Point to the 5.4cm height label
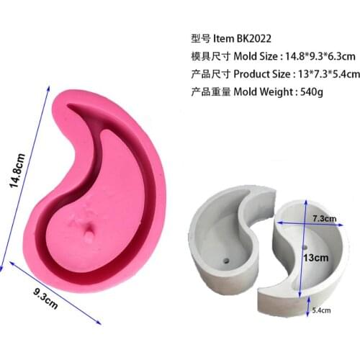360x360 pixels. click(x=321, y=310)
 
